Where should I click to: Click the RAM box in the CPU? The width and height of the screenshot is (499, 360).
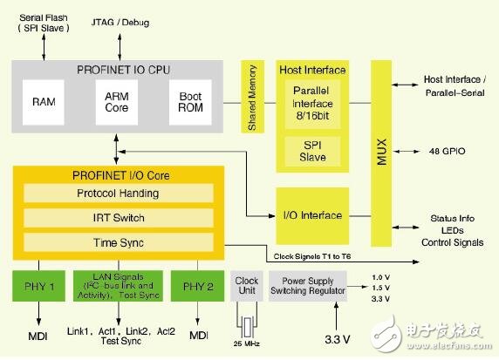[44, 101]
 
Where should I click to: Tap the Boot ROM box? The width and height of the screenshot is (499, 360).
[190, 101]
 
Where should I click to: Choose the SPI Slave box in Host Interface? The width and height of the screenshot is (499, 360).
[311, 150]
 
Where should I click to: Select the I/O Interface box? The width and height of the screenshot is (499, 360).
[311, 214]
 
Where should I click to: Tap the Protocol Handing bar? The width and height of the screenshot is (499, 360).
[117, 194]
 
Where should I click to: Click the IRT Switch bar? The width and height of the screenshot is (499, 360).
[117, 218]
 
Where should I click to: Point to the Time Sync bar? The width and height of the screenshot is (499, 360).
[117, 242]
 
